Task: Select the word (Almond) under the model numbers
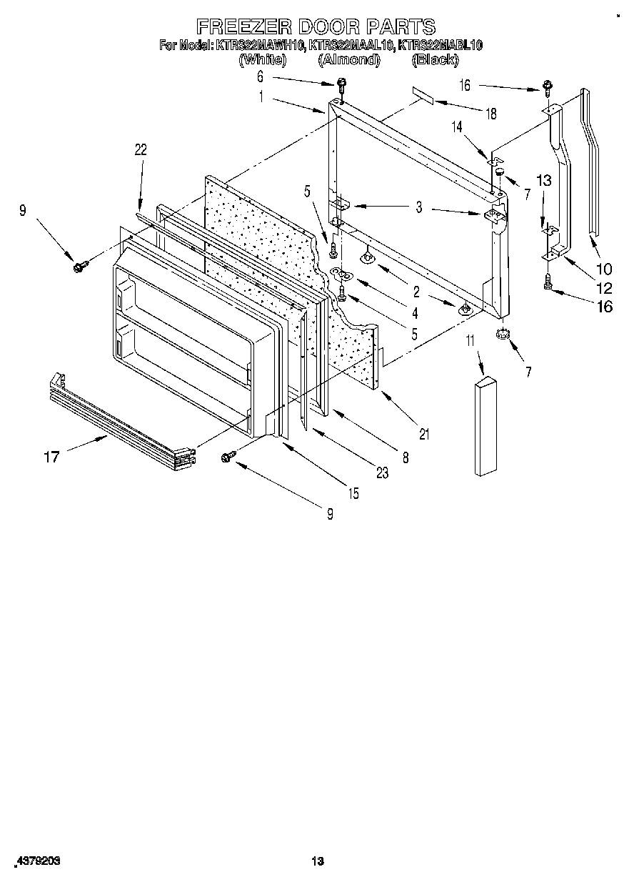[348, 60]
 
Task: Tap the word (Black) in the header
[435, 60]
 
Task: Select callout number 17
[51, 456]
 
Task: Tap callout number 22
[140, 149]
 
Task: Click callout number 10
[604, 269]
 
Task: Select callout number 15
[353, 493]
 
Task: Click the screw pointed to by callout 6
[341, 85]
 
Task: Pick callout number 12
[604, 288]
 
